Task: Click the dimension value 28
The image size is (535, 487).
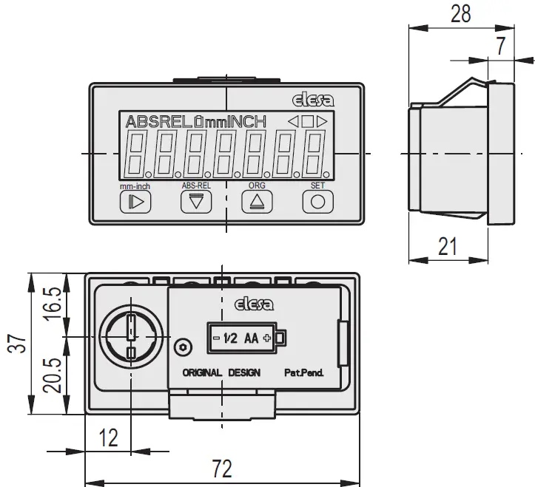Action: pyautogui.click(x=460, y=15)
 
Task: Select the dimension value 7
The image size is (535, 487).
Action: pyautogui.click(x=500, y=47)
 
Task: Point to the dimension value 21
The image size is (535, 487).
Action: pyautogui.click(x=448, y=247)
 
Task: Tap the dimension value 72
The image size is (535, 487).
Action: pyautogui.click(x=221, y=469)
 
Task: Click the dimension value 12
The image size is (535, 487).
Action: pyautogui.click(x=108, y=437)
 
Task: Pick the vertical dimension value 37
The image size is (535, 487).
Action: pyautogui.click(x=17, y=343)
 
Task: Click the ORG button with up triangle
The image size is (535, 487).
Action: pyautogui.click(x=257, y=201)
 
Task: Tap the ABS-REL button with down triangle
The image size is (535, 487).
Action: pyautogui.click(x=195, y=201)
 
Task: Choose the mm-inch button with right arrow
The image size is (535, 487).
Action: pyautogui.click(x=135, y=201)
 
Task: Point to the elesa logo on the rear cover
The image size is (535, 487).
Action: pyautogui.click(x=254, y=303)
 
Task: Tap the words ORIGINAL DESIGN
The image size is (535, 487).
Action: pyautogui.click(x=221, y=372)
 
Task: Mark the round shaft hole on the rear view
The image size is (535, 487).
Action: pyautogui.click(x=129, y=337)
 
